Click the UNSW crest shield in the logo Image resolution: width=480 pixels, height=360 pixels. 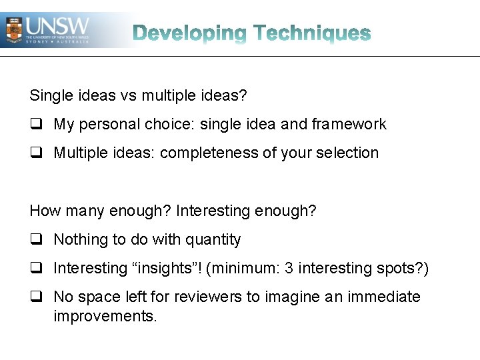pos(13,29)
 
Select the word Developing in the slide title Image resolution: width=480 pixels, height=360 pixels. pos(189,33)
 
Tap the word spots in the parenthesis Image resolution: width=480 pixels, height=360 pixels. pos(399,269)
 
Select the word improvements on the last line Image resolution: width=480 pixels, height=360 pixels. pos(105,316)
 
